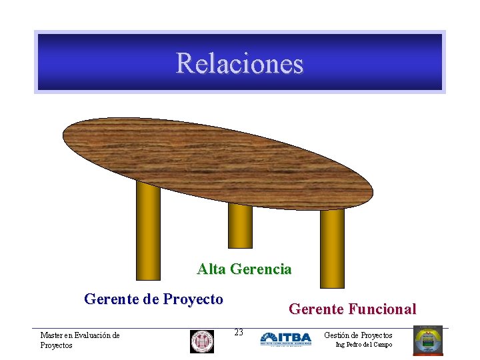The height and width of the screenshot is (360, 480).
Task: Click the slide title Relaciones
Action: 239,63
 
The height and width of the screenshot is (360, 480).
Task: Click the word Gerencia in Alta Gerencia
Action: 261,269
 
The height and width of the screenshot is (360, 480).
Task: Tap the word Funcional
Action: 382,309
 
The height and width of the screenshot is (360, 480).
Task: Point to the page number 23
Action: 239,332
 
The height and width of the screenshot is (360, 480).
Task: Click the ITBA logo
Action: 285,339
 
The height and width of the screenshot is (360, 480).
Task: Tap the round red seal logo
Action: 201,341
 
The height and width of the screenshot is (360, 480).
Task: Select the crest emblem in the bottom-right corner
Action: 427,340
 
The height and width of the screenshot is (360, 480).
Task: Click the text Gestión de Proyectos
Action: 358,335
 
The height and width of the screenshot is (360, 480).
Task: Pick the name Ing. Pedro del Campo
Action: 363,345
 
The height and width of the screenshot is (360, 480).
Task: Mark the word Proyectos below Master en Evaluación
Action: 56,345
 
